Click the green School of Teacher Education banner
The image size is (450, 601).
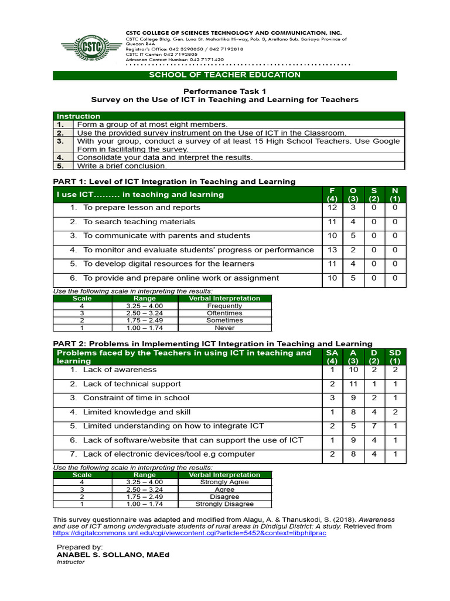coord(225,75)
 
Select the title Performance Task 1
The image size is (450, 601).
coord(225,91)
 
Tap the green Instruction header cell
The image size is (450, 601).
coord(79,116)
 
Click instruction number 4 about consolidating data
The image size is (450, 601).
coord(165,157)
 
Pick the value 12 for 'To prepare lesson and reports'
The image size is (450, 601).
coord(332,208)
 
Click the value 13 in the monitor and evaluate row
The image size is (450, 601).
coord(332,250)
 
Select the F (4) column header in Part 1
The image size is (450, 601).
coord(332,194)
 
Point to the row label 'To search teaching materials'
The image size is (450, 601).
coord(131,222)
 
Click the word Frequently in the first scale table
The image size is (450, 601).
coord(224,306)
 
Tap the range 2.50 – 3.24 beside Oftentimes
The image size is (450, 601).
coord(145,313)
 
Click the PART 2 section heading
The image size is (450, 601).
coord(213,343)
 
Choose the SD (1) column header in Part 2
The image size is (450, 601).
coord(395,356)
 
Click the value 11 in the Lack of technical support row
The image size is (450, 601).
coord(353,384)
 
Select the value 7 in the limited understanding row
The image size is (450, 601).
coord(374,426)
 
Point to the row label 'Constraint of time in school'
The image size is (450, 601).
coord(136,398)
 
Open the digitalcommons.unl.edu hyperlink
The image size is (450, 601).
coord(189,534)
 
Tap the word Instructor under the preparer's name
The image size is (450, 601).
coord(70,562)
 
